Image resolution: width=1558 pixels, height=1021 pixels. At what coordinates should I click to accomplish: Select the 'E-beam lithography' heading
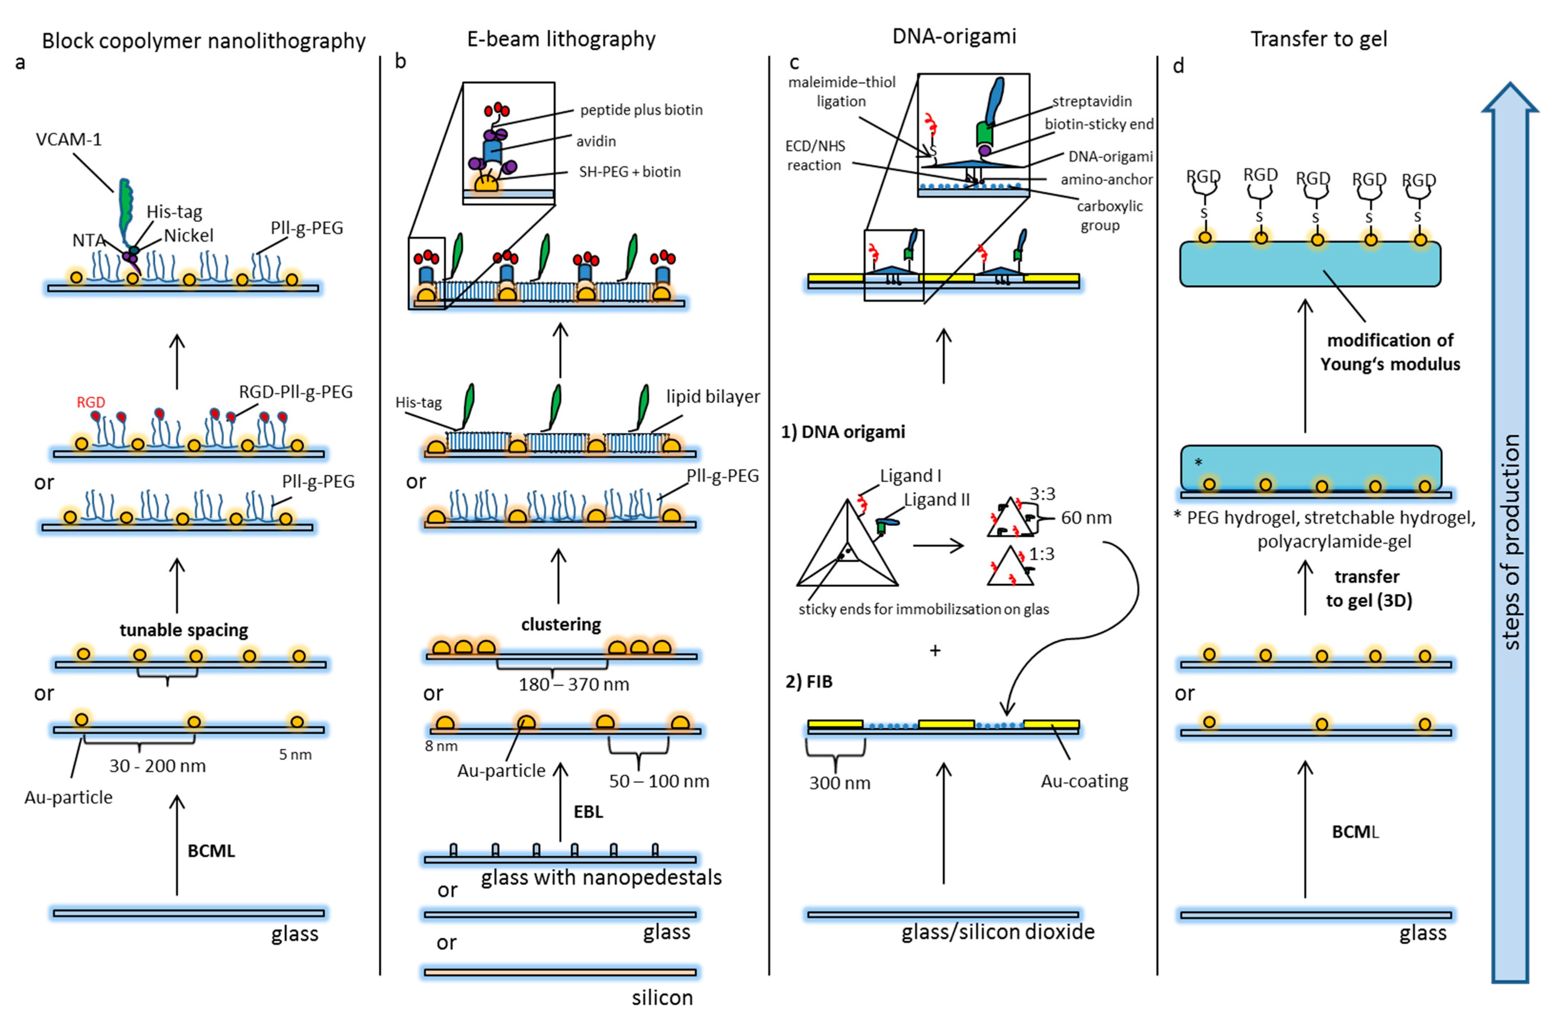(x=561, y=39)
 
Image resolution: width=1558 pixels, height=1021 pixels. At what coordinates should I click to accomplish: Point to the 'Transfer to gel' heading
(x=1319, y=39)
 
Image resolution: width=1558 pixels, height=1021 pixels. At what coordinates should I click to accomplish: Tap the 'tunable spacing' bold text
(x=184, y=630)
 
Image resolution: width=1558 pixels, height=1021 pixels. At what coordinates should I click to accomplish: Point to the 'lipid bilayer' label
(x=713, y=397)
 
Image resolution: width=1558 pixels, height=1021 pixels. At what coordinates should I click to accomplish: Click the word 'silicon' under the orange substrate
(x=662, y=997)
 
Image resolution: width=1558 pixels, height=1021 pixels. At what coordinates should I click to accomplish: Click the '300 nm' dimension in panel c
(x=839, y=783)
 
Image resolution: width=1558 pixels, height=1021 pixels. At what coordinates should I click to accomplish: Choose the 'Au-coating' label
(x=1084, y=781)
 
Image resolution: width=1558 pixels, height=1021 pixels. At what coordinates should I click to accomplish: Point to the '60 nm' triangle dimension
(x=1086, y=518)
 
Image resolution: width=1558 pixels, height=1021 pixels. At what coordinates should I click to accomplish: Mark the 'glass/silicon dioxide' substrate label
(x=998, y=932)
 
